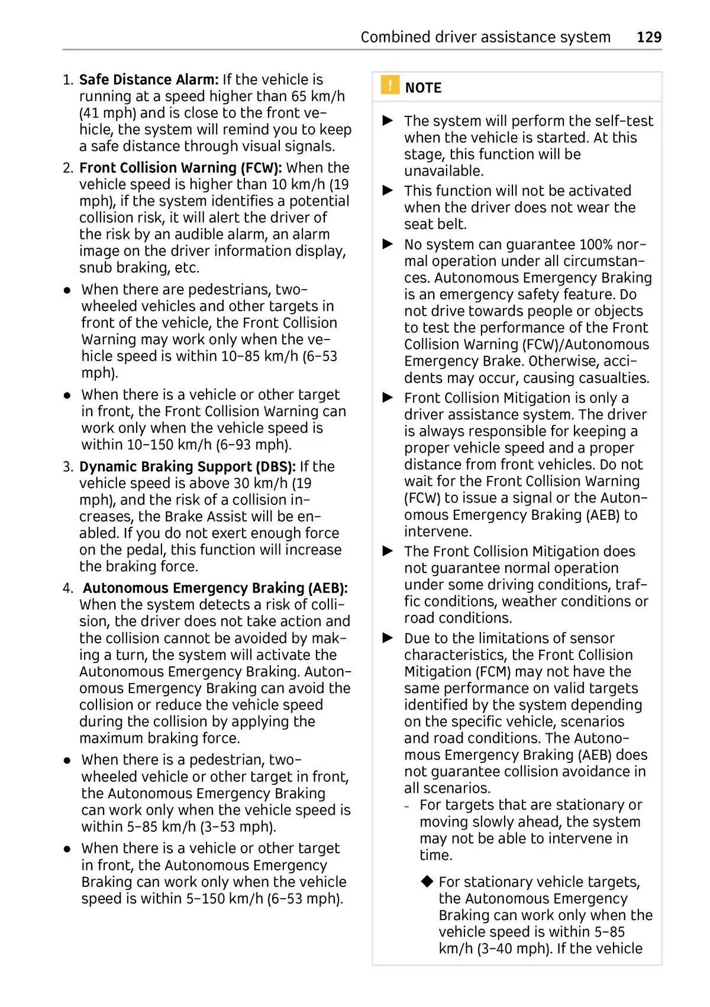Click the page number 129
(649, 37)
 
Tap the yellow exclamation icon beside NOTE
(389, 86)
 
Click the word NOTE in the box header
(423, 88)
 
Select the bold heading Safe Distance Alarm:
(149, 80)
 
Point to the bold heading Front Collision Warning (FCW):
(180, 168)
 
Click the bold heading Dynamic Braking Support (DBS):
(187, 467)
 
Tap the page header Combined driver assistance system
(485, 37)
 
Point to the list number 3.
(67, 467)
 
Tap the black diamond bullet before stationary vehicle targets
(427, 882)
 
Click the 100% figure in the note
(595, 245)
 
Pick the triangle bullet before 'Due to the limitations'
(388, 638)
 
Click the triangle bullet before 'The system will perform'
(388, 121)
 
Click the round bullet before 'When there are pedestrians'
(68, 290)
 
